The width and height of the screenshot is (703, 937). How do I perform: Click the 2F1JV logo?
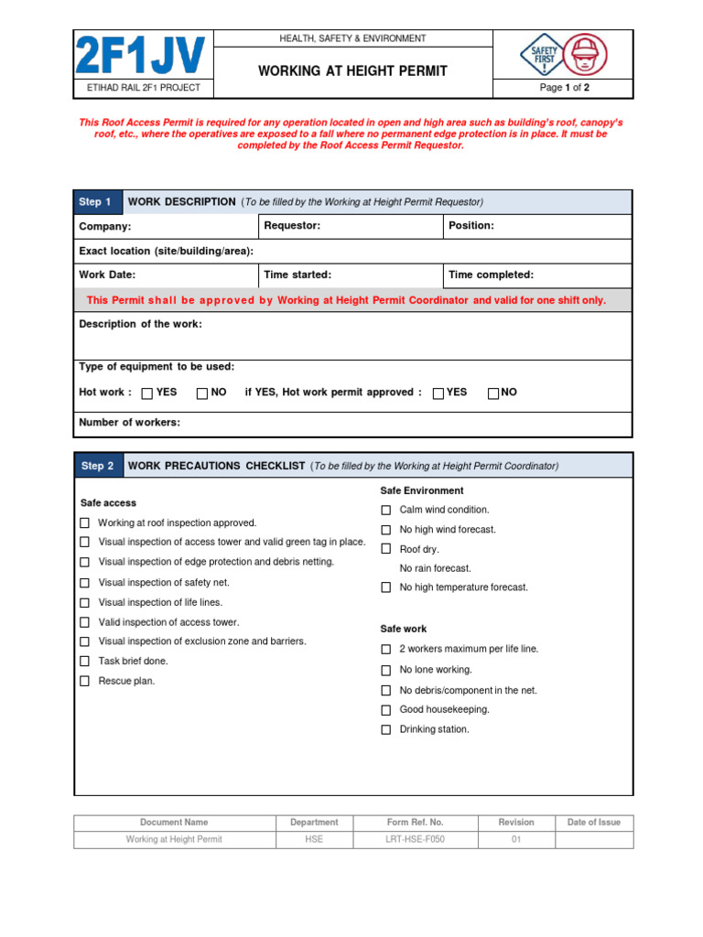[x=140, y=55]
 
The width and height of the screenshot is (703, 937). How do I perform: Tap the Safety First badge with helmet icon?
[x=562, y=55]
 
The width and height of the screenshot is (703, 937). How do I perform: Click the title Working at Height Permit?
[x=352, y=70]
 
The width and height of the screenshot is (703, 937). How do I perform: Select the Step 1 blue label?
[x=96, y=202]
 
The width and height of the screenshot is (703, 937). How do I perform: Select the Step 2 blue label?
[x=97, y=466]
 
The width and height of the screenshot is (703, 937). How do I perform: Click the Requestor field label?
[x=292, y=226]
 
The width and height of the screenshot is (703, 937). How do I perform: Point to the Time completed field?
[x=538, y=275]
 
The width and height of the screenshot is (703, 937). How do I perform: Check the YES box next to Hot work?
[x=147, y=393]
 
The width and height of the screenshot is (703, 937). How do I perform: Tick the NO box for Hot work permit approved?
[x=493, y=393]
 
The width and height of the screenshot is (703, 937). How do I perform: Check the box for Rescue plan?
[x=84, y=681]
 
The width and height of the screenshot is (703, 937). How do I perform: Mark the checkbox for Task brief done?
[x=84, y=661]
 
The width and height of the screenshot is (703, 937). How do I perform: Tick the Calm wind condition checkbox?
[x=386, y=510]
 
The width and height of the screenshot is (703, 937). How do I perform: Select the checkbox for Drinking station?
[x=386, y=729]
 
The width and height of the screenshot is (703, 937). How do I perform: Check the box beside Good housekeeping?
[x=386, y=709]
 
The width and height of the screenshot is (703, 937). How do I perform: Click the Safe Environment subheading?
[x=422, y=490]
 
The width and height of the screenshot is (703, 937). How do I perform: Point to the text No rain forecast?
[x=435, y=568]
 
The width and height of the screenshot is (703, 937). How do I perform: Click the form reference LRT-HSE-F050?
[x=415, y=839]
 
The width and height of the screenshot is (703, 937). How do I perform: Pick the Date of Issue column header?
[x=593, y=823]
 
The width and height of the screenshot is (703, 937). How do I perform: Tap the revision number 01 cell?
[x=515, y=839]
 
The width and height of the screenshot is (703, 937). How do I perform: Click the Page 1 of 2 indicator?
[x=564, y=88]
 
